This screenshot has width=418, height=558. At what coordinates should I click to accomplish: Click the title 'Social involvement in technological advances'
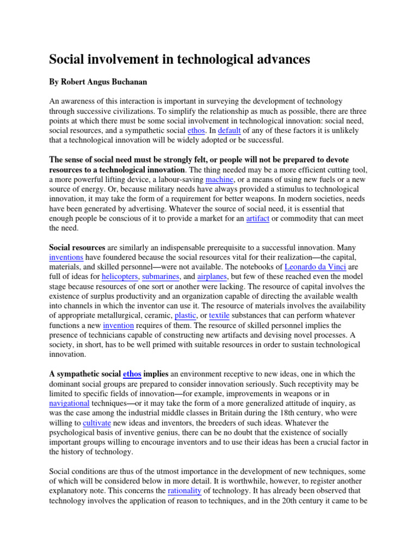tap(180, 60)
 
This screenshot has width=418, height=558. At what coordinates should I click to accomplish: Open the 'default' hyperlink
tap(229, 131)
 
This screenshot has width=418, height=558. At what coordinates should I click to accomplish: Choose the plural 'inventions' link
tap(66, 257)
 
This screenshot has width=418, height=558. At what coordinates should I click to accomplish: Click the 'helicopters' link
tap(120, 277)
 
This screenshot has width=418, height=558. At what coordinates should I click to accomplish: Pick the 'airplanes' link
tap(214, 277)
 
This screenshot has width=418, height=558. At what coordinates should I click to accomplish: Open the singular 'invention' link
tap(118, 325)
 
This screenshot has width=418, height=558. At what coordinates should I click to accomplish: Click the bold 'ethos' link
tap(132, 374)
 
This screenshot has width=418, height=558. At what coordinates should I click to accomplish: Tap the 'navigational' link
tap(69, 403)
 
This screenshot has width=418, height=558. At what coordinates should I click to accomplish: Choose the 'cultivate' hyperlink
tap(97, 423)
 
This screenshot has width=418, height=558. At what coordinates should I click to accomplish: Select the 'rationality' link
tap(185, 491)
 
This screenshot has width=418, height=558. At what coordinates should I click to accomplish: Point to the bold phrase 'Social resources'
tap(77, 247)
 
